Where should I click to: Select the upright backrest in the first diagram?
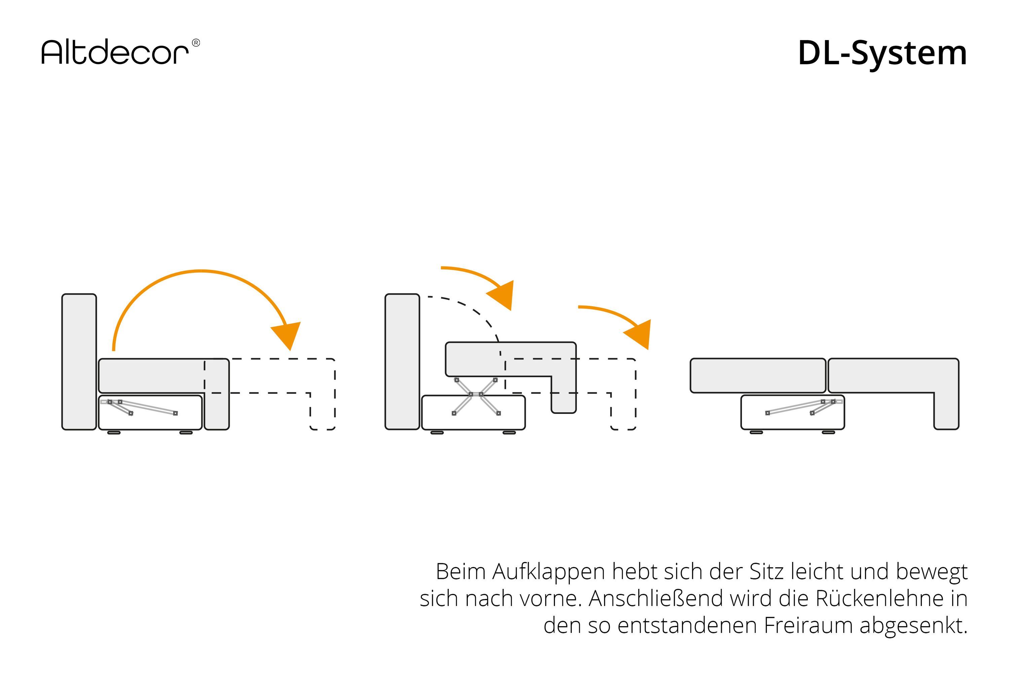(79, 362)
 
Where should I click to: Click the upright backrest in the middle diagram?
(402, 362)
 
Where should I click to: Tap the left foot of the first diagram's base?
(114, 433)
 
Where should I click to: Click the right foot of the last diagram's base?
(828, 433)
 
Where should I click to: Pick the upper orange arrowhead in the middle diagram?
(501, 294)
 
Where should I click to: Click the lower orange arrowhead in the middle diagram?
(639, 333)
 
